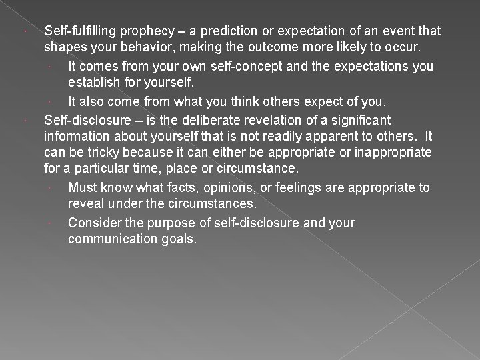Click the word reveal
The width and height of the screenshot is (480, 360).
[85, 204]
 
